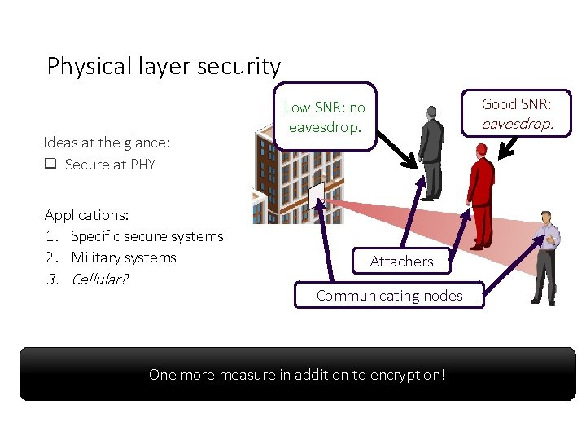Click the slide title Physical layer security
164,66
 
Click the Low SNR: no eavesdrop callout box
325,117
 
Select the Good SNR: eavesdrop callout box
516,114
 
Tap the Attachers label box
401,262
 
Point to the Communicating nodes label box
389,296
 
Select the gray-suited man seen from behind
430,151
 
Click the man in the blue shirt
543,256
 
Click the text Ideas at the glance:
107,143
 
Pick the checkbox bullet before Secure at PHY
50,165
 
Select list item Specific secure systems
146,236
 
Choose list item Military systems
123,257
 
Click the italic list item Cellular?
100,279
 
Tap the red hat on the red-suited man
481,150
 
